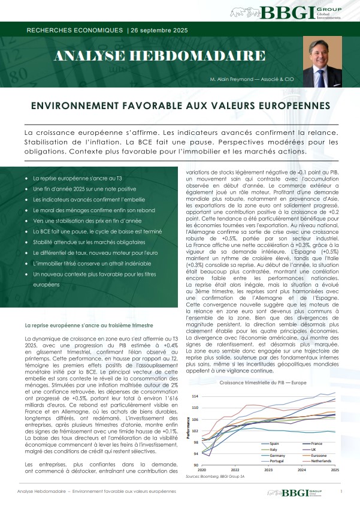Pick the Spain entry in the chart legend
click(270, 443)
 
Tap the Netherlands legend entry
click(323, 460)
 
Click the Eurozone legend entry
click(320, 454)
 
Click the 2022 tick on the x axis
click(235, 470)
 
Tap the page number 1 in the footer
click(341, 493)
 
